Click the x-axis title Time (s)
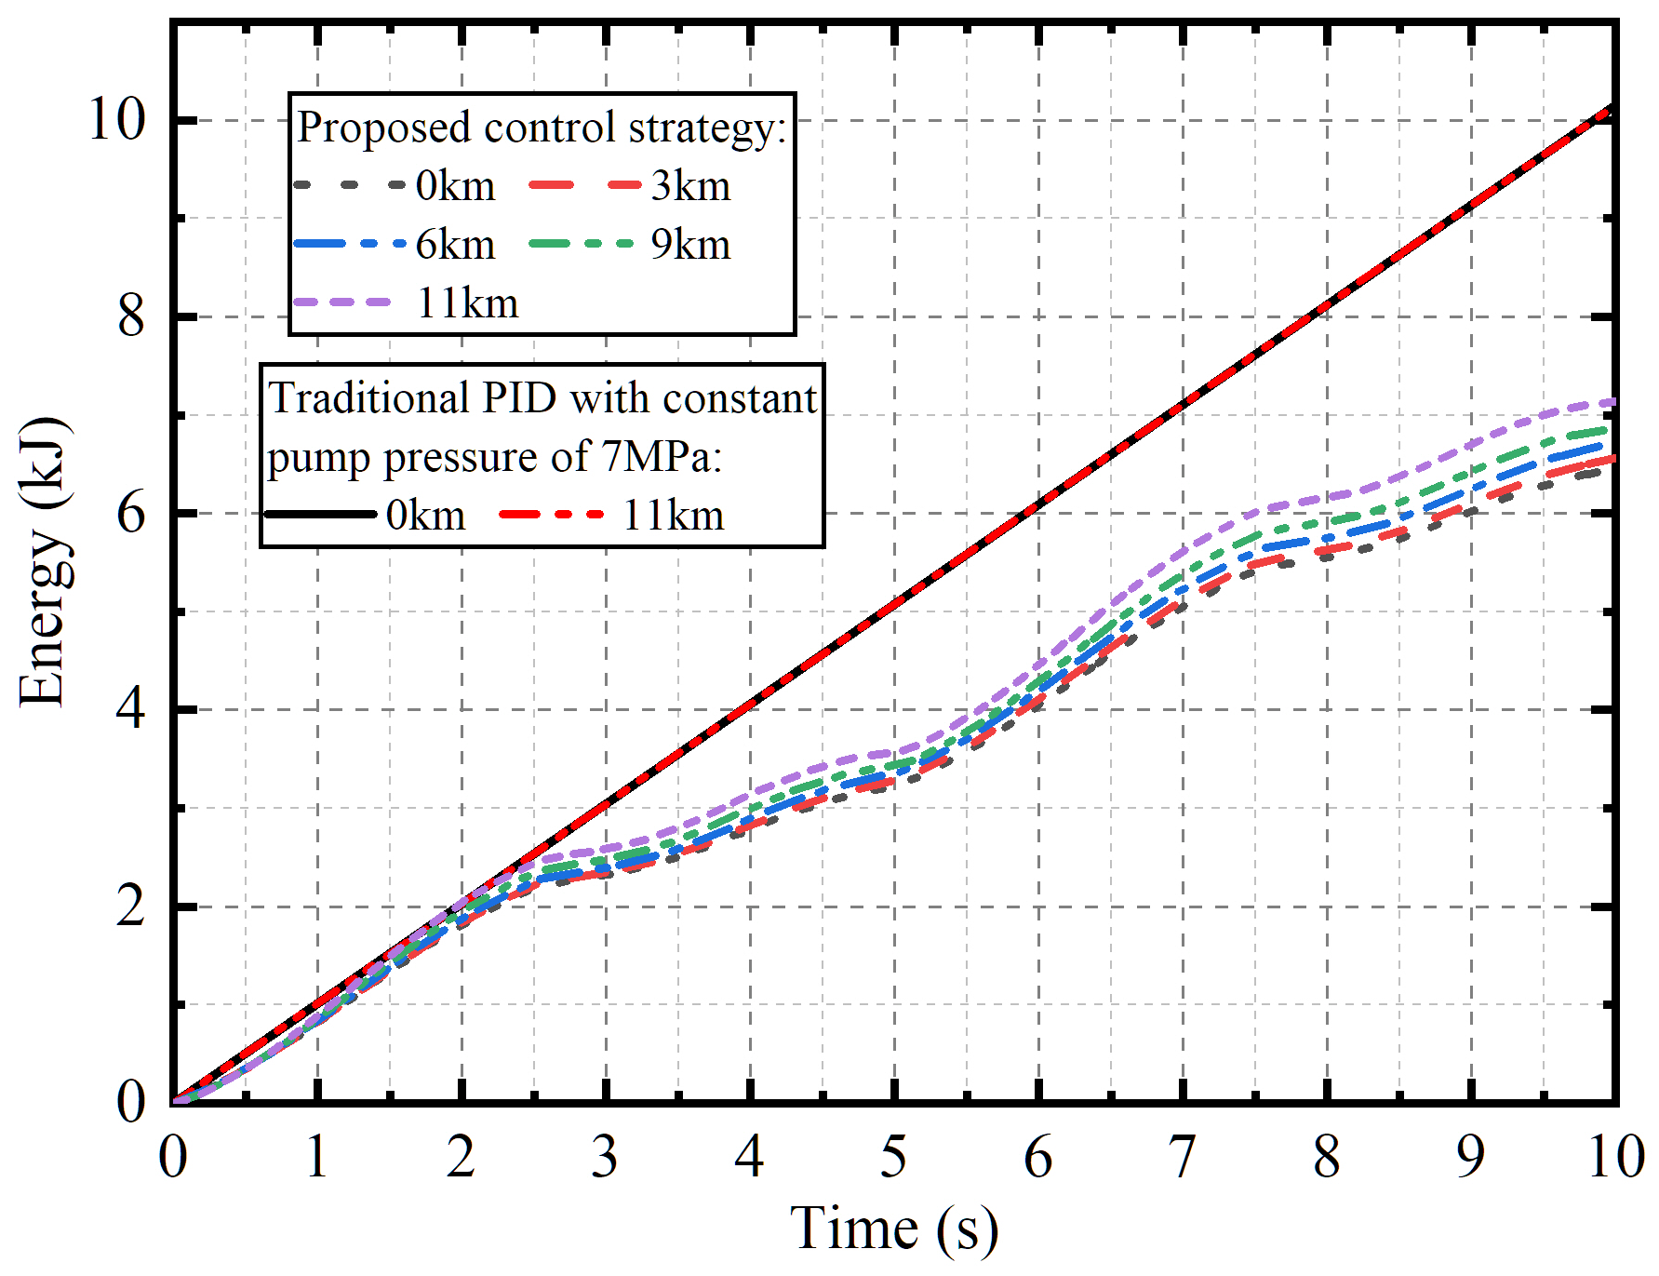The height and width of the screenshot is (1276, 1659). [893, 1229]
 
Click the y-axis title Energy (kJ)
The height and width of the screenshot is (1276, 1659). [43, 563]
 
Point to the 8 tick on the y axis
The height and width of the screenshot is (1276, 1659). [131, 317]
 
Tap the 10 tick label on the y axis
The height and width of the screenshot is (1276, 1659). [117, 121]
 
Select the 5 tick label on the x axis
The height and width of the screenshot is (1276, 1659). [893, 1158]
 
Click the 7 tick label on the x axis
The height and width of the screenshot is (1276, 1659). [1182, 1158]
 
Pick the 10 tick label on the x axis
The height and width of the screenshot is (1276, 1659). [1615, 1158]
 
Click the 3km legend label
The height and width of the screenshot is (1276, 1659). [690, 186]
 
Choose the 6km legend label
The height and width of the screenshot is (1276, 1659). [455, 245]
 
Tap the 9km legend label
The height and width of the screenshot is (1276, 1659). [690, 245]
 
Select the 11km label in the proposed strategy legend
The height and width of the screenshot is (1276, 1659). [467, 303]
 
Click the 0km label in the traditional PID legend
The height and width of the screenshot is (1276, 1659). [425, 515]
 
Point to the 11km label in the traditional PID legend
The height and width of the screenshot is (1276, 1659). [673, 515]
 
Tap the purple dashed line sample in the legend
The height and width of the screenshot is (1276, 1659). [341, 302]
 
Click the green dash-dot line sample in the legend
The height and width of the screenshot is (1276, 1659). [582, 244]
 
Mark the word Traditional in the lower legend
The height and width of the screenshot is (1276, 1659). [368, 398]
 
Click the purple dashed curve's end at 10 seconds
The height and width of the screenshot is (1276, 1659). [1612, 402]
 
